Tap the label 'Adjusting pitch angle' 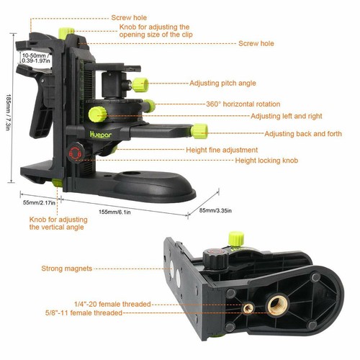pos(224,84)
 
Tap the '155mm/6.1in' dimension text pos(120,212)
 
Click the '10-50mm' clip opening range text pos(33,54)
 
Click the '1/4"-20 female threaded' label pos(114,305)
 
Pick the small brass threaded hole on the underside pos(248,307)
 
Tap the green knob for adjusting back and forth pos(199,131)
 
